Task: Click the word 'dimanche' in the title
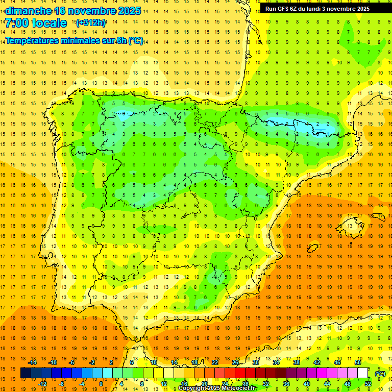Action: point(28,11)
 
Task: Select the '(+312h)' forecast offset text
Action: point(90,23)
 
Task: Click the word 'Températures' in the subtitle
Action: point(34,41)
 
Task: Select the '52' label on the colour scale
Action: point(368,384)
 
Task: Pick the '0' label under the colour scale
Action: point(101,384)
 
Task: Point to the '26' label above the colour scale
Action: point(235,362)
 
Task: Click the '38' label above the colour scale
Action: point(296,362)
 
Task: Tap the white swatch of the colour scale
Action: point(363,373)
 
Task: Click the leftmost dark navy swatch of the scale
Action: point(26,373)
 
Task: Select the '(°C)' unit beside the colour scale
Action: point(380,374)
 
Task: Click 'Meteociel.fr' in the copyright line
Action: point(238,388)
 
